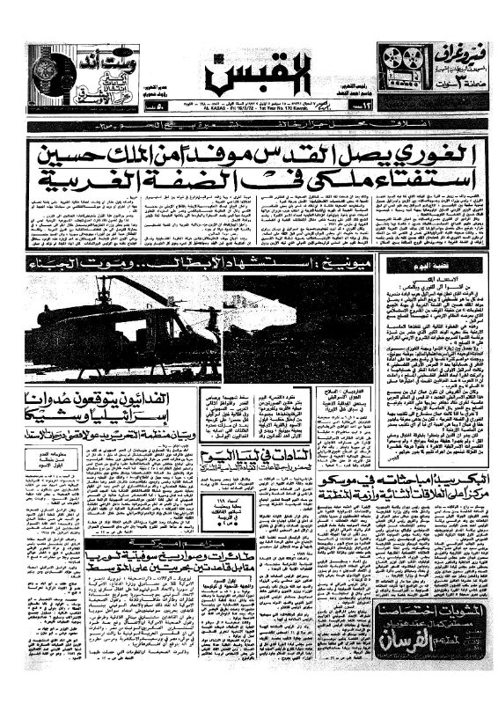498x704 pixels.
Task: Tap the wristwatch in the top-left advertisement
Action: pos(45,70)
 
